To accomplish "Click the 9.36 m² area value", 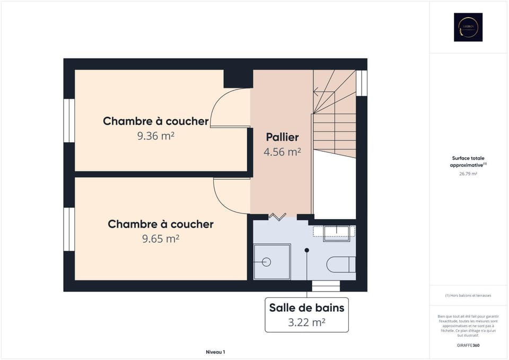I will [x=156, y=136].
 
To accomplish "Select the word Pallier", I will [x=282, y=137].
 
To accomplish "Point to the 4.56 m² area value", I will [x=282, y=152].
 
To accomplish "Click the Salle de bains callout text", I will [x=306, y=308].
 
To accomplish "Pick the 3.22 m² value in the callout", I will [x=306, y=322].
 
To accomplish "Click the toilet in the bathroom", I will [x=341, y=264].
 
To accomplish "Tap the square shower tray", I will [x=271, y=261].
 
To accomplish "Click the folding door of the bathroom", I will [x=277, y=216].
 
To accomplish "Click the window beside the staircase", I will [x=362, y=83].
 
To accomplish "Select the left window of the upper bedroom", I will [x=69, y=120].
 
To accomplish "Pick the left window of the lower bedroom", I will [x=69, y=229].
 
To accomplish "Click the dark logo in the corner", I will [x=468, y=27].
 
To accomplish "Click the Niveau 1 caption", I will [x=216, y=352].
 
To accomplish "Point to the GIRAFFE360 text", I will [x=468, y=345].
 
